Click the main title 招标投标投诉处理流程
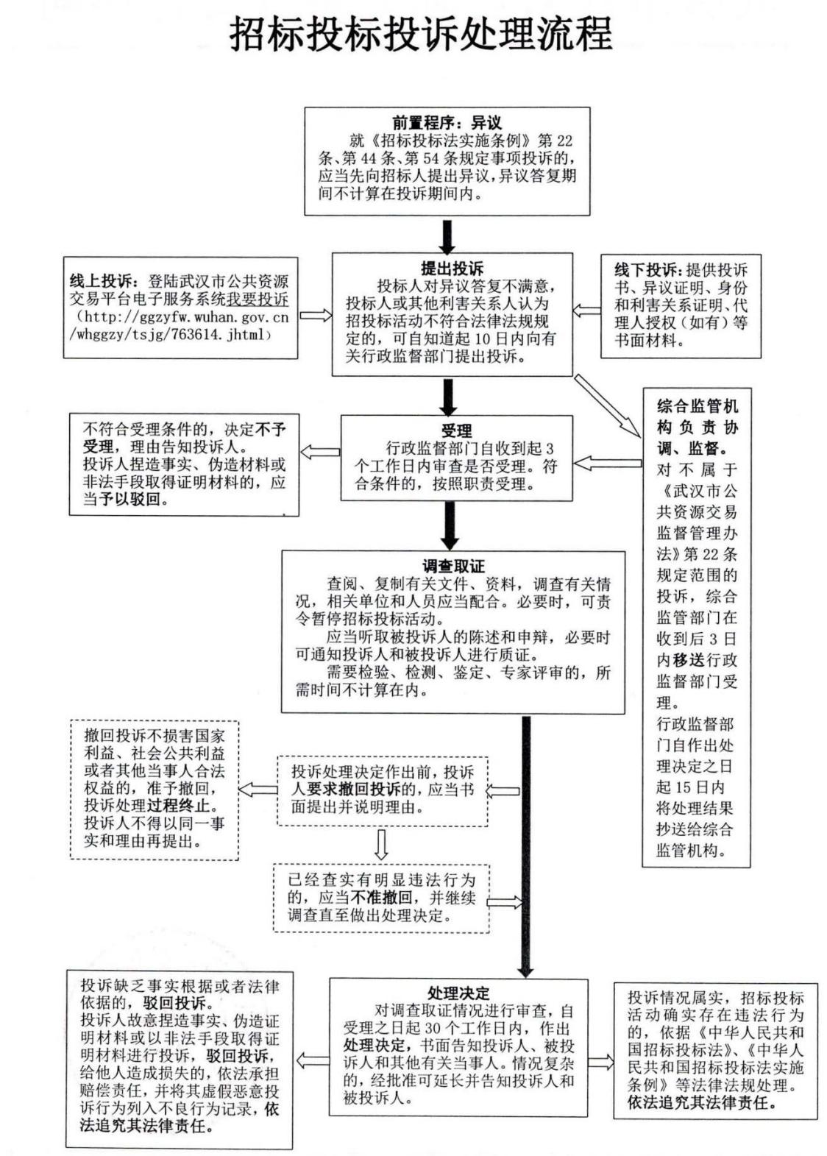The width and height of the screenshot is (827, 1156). pyautogui.click(x=420, y=34)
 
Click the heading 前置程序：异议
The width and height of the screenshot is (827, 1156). pyautogui.click(x=447, y=123)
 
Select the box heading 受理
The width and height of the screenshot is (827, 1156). pyautogui.click(x=456, y=430)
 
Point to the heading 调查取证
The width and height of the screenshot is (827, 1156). pyautogui.click(x=453, y=566)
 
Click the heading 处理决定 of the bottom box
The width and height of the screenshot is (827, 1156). pyautogui.click(x=458, y=993)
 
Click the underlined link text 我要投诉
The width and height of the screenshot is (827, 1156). pyautogui.click(x=257, y=299)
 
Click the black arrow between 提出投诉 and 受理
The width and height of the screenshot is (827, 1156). pyautogui.click(x=447, y=396)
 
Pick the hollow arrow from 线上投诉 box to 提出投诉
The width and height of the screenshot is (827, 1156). pyautogui.click(x=316, y=315)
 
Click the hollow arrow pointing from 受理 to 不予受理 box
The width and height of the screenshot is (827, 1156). pyautogui.click(x=320, y=451)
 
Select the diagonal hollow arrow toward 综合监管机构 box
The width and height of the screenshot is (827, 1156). pyautogui.click(x=608, y=405)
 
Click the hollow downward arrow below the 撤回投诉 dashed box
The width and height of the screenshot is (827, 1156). pyautogui.click(x=381, y=844)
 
